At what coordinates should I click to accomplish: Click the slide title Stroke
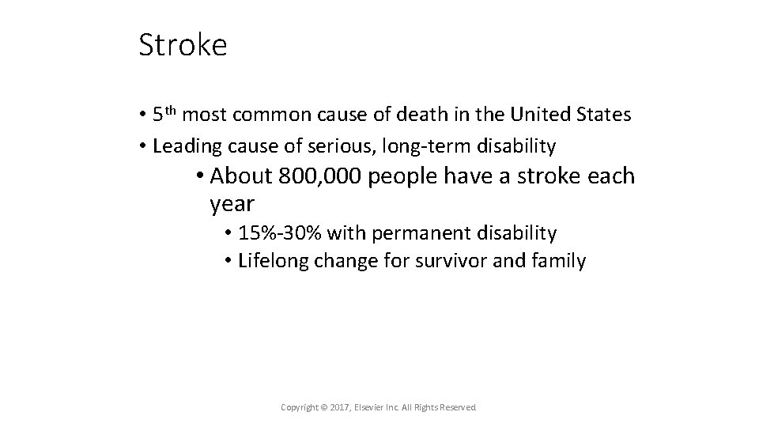pyautogui.click(x=183, y=45)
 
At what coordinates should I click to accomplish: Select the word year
pyautogui.click(x=232, y=204)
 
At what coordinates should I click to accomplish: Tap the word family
pyautogui.click(x=559, y=262)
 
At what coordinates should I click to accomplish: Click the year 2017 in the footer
pyautogui.click(x=338, y=407)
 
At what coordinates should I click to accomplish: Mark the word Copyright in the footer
pyautogui.click(x=300, y=407)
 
